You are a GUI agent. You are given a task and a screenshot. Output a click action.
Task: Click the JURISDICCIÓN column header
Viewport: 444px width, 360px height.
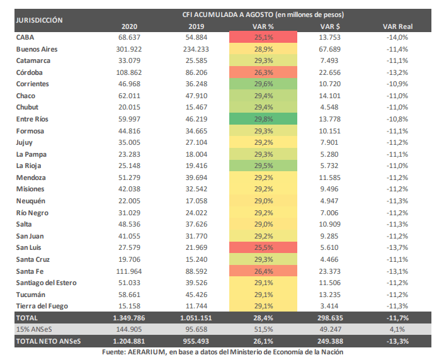(39, 20)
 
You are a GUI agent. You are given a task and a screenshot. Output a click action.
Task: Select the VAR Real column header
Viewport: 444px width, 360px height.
(397, 26)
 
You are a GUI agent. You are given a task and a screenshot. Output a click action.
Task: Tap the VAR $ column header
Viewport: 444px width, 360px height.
(330, 26)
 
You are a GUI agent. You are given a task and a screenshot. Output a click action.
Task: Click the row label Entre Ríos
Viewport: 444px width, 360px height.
(32, 119)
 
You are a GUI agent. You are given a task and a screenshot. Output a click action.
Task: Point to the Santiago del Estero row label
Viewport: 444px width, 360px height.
(47, 283)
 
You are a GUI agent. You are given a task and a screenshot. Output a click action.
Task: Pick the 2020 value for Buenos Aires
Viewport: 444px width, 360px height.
(129, 49)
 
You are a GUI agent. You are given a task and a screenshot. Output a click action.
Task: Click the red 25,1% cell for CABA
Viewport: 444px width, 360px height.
(263, 37)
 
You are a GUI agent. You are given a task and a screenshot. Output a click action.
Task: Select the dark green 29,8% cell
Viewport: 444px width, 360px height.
(263, 119)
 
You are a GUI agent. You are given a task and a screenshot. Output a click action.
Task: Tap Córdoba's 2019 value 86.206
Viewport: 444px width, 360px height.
(196, 72)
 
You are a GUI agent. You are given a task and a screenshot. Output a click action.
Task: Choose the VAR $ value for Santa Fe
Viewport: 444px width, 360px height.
(329, 271)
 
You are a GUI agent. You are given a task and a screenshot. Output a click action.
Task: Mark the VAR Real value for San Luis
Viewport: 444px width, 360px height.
(397, 247)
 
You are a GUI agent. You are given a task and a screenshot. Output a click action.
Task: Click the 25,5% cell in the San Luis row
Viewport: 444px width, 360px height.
(263, 247)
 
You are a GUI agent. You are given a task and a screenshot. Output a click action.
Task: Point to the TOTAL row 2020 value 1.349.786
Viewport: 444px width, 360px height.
(129, 318)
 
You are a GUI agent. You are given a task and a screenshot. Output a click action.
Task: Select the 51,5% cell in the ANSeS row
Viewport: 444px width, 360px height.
(263, 329)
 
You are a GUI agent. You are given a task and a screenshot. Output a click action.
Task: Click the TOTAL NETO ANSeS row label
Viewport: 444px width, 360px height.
(48, 341)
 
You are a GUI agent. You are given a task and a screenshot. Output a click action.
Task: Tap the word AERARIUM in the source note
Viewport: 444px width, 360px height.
(146, 352)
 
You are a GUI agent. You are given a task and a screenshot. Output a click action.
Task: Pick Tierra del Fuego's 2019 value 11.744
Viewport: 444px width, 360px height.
(196, 306)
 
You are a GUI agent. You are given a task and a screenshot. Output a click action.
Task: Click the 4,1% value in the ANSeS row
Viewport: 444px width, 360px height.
(397, 329)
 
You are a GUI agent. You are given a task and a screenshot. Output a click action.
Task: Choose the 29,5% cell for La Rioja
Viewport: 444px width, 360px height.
(263, 166)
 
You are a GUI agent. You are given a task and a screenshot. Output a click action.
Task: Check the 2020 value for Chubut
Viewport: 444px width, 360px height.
(129, 107)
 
